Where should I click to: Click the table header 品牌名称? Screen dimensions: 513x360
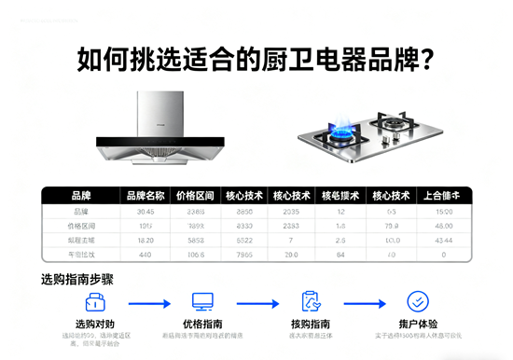pos(145,196)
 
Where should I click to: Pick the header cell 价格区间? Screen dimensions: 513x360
pos(195,196)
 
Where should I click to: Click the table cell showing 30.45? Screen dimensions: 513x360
pos(145,212)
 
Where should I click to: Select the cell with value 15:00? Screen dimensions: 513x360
pos(444,212)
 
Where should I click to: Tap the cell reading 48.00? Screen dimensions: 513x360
pos(444,226)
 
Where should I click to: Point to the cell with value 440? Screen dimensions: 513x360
pos(145,254)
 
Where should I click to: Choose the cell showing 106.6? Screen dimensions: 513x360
pos(195,254)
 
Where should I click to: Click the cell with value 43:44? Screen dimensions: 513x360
pos(444,240)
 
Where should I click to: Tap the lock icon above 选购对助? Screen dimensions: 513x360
pos(93,302)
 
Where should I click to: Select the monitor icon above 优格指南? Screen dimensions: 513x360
pos(202,302)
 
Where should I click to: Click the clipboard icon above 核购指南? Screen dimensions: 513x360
pos(312,302)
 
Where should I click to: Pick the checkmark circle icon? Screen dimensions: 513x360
pos(418,302)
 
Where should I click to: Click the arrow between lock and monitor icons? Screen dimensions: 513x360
pos(148,303)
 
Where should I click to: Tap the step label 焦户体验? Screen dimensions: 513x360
pos(418,325)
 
